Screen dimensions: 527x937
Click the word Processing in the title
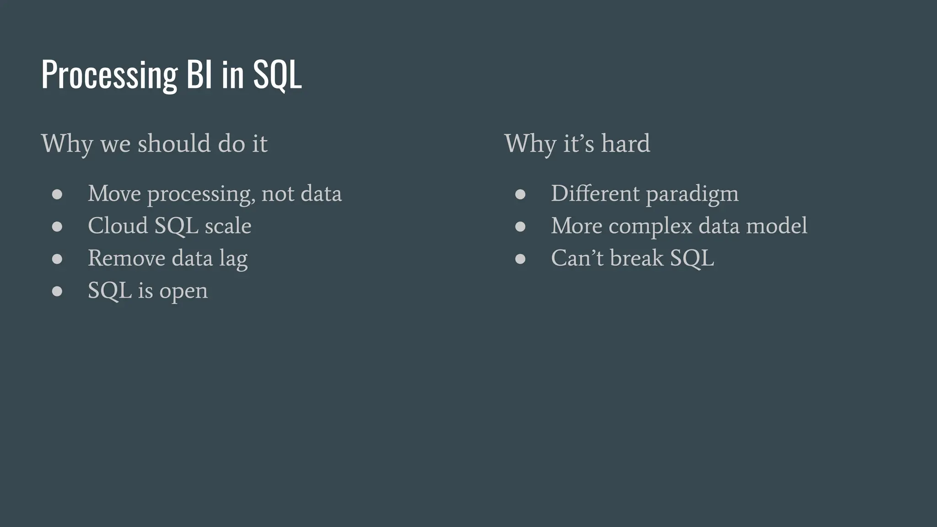coord(109,75)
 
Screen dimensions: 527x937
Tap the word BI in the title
coord(199,75)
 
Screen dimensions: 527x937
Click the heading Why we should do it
coord(154,144)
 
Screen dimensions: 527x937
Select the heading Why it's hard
coord(577,144)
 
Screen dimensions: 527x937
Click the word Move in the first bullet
coord(114,194)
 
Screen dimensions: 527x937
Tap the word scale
coord(228,226)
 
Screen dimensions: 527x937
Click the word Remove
coord(126,258)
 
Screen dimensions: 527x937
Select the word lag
coord(233,259)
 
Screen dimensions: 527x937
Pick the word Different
coord(595,194)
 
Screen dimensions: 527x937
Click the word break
coord(636,258)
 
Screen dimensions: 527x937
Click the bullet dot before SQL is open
coord(57,291)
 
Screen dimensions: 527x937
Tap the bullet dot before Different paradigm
coord(520,194)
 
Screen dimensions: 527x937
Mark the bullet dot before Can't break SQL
coord(520,259)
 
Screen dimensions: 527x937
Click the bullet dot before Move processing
coord(57,194)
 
